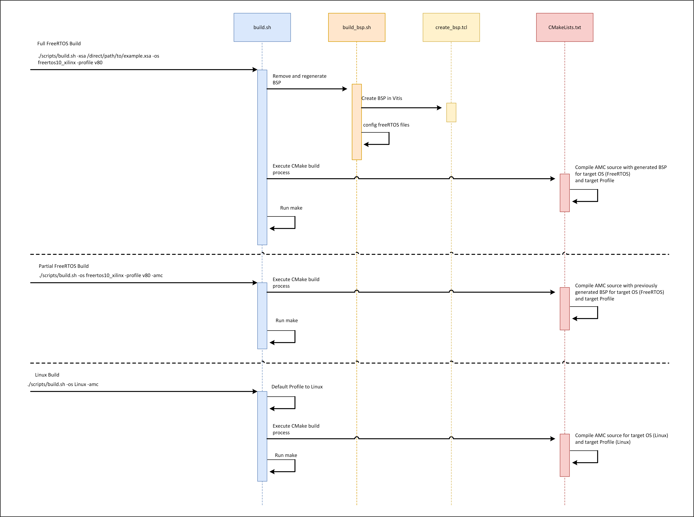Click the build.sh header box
coord(262,27)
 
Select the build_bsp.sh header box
coord(357,27)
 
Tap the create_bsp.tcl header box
coord(451,27)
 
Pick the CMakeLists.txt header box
coord(565,27)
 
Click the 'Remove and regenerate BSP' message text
coord(299,79)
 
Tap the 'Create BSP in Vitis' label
coord(382,98)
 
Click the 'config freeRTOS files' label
coord(386,125)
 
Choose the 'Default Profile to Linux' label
coord(297,387)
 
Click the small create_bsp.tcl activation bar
coord(451,112)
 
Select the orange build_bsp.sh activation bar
coord(357,122)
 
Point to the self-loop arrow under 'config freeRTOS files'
coord(389,138)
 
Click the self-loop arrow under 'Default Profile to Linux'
coord(295,402)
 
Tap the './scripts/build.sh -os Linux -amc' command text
coord(63,384)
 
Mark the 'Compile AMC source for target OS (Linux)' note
coord(621,438)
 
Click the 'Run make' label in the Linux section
coord(286,455)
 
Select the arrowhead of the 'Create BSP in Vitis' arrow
coord(439,108)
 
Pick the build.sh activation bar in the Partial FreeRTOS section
coord(262,316)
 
